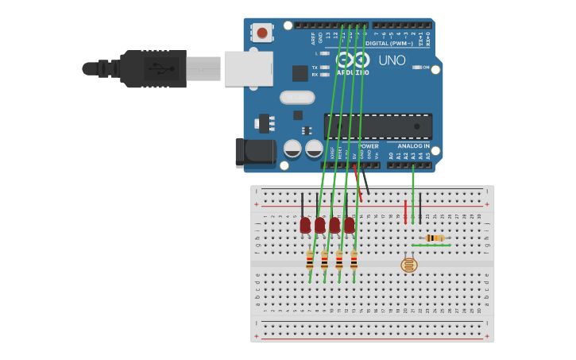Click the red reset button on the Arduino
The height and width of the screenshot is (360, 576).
point(261,33)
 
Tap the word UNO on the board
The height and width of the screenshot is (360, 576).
point(392,60)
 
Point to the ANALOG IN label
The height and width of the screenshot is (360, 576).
point(413,146)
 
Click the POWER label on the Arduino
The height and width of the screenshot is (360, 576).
point(369,146)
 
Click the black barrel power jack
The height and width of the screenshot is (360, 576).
point(253,153)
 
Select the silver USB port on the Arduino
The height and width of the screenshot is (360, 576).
point(248,68)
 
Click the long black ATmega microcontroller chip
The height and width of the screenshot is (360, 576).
point(377,126)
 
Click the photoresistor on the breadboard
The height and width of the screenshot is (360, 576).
point(408,265)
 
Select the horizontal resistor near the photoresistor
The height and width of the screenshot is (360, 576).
point(434,238)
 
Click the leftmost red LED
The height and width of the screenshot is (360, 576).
point(305,226)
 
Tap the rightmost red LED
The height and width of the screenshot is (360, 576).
point(349,226)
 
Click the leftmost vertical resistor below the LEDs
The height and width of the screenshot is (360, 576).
point(310,261)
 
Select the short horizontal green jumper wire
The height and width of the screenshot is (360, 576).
point(431,246)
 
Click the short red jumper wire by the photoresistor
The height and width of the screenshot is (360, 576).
point(405,211)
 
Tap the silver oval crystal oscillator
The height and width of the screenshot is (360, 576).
point(297,97)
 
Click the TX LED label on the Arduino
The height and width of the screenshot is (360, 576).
point(315,68)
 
